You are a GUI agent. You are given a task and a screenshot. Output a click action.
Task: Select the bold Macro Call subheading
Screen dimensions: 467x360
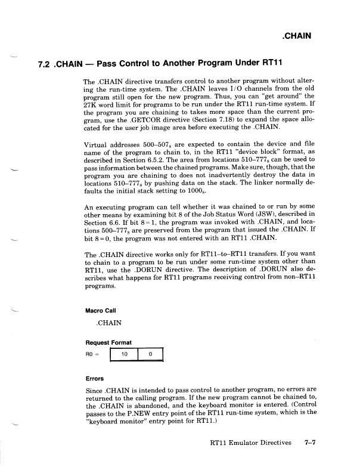click(103, 310)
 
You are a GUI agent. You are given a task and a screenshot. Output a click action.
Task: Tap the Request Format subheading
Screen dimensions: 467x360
click(109, 342)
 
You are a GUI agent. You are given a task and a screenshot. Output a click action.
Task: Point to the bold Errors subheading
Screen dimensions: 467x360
click(95, 378)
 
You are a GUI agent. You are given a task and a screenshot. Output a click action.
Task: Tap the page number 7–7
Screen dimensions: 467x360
click(309, 443)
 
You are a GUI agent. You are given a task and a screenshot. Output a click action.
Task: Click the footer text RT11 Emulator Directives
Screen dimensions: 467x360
click(250, 443)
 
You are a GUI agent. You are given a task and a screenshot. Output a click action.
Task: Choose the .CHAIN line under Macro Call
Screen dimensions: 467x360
click(108, 323)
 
